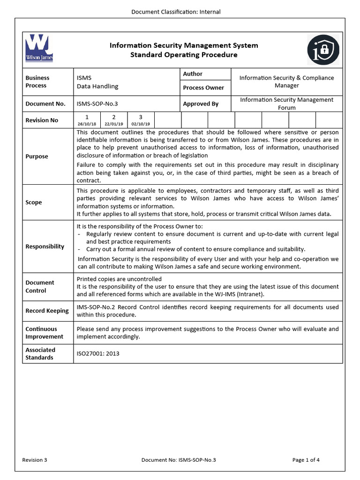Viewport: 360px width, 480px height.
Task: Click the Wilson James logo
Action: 39,48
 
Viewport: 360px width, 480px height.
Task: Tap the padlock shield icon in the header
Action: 323,50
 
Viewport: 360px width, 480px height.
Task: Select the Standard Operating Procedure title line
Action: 184,55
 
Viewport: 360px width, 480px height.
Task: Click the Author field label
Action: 193,74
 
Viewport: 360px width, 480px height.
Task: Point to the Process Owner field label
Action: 203,88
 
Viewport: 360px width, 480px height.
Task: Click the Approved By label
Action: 201,104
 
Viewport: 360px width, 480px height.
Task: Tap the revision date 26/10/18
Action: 86,124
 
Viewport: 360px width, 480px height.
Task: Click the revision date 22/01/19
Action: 113,124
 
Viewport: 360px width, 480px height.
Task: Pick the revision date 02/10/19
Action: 141,124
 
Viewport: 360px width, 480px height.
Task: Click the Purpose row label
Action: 37,157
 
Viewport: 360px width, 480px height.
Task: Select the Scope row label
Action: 34,202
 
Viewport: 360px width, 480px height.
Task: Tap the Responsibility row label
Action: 45,247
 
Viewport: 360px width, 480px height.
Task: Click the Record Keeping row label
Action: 47,311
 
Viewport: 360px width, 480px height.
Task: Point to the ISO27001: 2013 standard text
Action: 98,353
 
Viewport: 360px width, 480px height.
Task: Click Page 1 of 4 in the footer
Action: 306,460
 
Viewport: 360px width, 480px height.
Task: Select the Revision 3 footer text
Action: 35,460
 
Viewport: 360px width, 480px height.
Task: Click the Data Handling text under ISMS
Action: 97,86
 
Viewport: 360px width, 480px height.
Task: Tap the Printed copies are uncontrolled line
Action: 119,279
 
